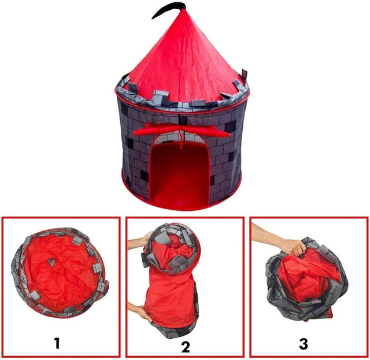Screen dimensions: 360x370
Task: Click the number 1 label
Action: [x=57, y=344]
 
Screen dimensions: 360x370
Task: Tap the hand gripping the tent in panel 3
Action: [x=291, y=247]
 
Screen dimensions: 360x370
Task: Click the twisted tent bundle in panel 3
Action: [x=306, y=280]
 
